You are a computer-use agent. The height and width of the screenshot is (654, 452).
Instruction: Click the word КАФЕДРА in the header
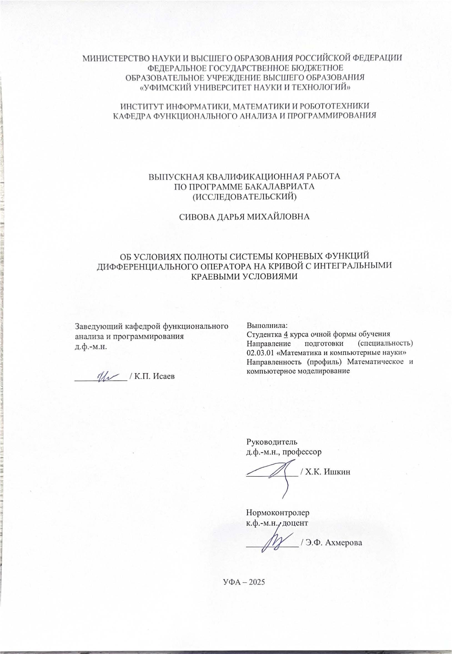(x=130, y=116)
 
